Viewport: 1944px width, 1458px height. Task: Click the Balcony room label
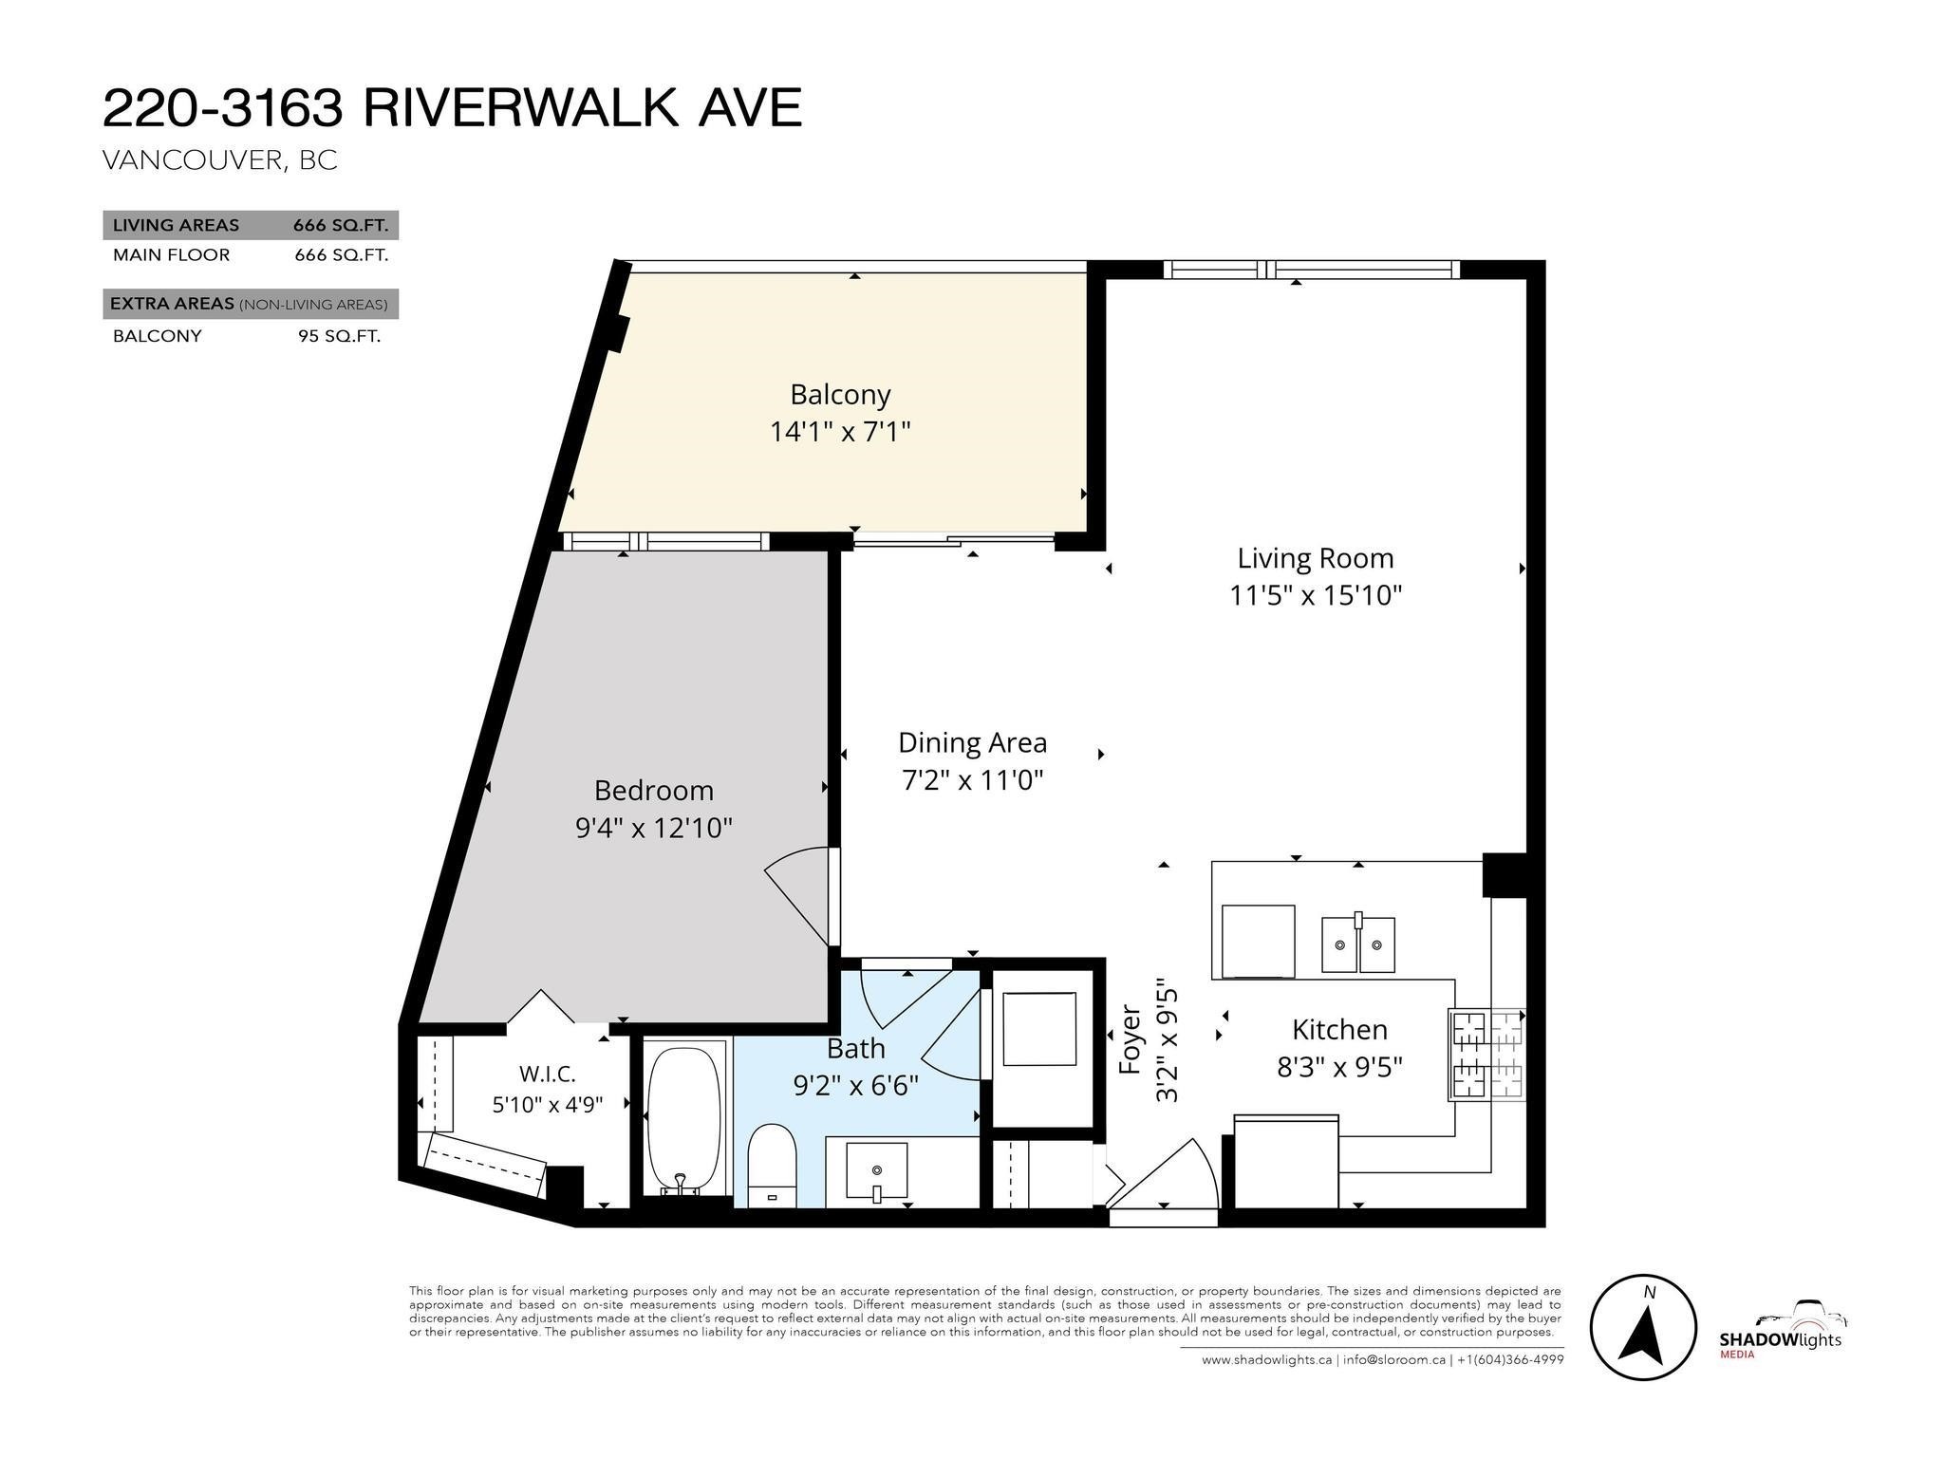(840, 395)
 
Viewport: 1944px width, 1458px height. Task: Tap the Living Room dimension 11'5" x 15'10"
(1316, 595)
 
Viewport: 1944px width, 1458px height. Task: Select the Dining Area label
(972, 742)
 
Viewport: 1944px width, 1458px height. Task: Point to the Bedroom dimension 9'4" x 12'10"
(654, 828)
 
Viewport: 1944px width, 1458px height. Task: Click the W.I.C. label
(548, 1074)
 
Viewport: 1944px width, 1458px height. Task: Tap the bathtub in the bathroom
(682, 1121)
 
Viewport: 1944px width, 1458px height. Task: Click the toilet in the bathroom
(771, 1167)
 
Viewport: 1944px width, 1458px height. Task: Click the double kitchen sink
(1358, 944)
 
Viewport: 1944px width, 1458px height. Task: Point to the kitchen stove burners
(1486, 1054)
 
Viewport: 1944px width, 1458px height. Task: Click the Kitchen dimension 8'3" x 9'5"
(1339, 1067)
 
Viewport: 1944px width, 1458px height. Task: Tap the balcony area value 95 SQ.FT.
(339, 336)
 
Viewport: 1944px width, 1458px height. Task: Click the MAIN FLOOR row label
(171, 255)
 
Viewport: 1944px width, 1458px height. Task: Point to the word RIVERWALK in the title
(521, 107)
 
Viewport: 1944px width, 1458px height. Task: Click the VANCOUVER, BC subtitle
(219, 159)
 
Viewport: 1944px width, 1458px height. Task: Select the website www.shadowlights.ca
(1266, 1359)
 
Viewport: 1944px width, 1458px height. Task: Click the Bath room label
(856, 1048)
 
